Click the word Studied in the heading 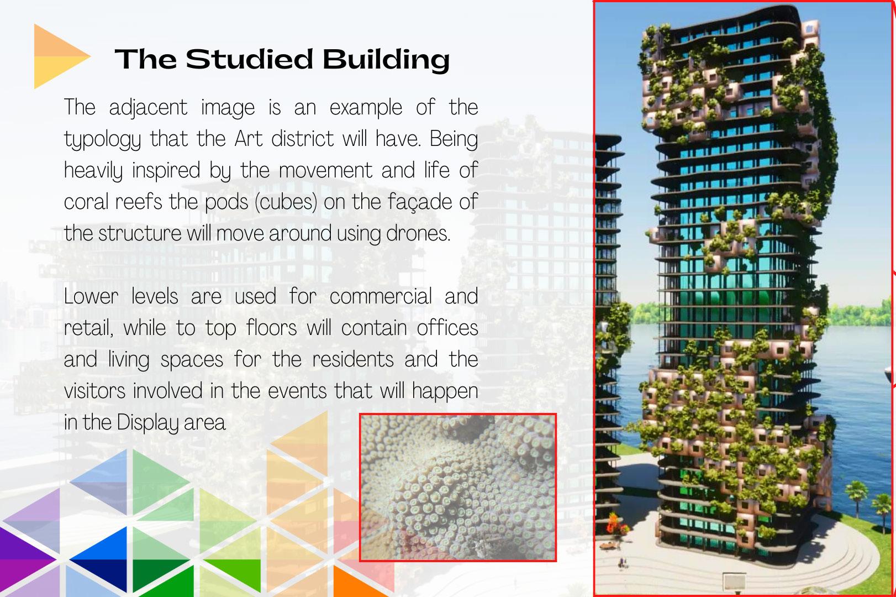[250, 59]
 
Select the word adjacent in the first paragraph [148, 108]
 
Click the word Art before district [249, 139]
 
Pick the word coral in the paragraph [86, 202]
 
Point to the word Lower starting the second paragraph [91, 297]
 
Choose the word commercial [381, 297]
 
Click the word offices [447, 328]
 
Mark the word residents [353, 359]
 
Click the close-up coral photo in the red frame [458, 488]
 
